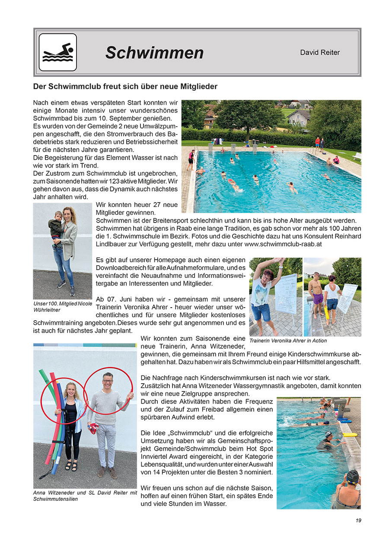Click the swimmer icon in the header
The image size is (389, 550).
click(x=57, y=52)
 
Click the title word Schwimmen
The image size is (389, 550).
click(x=154, y=53)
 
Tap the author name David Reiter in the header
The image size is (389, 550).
click(x=320, y=52)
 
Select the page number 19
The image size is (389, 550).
click(x=358, y=520)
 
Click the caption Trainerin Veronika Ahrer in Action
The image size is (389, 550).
click(x=288, y=340)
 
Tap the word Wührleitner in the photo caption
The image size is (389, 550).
click(x=47, y=310)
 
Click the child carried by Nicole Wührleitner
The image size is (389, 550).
click(x=55, y=226)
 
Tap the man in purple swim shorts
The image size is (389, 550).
click(x=318, y=294)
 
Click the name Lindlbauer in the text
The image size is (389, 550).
click(x=115, y=244)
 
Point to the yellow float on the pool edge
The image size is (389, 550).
click(x=349, y=434)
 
